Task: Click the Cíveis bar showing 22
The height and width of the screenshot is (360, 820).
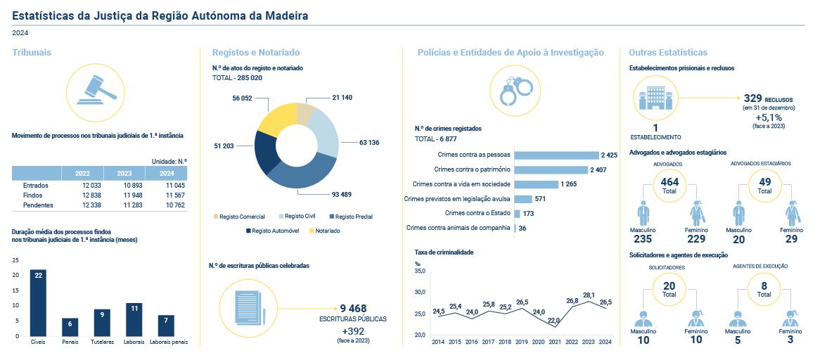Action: (x=39, y=302)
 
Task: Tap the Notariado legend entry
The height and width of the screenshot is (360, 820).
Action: (x=326, y=231)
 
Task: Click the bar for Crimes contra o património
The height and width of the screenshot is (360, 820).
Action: (x=551, y=169)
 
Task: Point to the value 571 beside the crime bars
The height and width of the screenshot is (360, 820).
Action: (x=540, y=199)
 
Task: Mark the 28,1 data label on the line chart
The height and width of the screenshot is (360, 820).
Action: (x=589, y=295)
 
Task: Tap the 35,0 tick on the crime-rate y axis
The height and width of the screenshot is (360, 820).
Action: (x=420, y=271)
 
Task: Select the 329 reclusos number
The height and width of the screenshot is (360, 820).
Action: (x=753, y=98)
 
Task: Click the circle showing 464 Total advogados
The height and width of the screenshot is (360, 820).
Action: (x=665, y=186)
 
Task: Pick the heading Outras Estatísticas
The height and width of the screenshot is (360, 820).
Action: (x=667, y=53)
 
